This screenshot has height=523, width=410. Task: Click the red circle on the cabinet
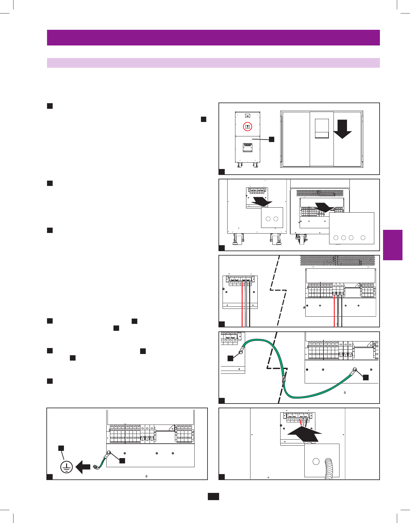[x=247, y=126]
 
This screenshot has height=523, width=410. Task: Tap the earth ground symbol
[x=66, y=467]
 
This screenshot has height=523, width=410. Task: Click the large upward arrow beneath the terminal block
[x=304, y=435]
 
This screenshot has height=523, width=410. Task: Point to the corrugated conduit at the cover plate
[x=328, y=469]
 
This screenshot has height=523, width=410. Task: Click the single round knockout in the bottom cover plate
[x=316, y=462]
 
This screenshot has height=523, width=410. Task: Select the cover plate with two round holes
[x=272, y=217]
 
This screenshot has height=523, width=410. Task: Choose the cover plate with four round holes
[x=352, y=228]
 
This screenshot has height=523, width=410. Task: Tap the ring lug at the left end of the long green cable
[x=241, y=352]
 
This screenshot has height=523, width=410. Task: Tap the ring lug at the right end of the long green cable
[x=355, y=369]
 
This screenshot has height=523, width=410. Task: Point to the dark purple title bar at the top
[x=213, y=38]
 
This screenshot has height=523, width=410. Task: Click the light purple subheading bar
[x=213, y=63]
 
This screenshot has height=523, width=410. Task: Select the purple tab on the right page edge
[x=392, y=245]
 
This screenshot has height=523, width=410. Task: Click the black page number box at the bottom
[x=213, y=496]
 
